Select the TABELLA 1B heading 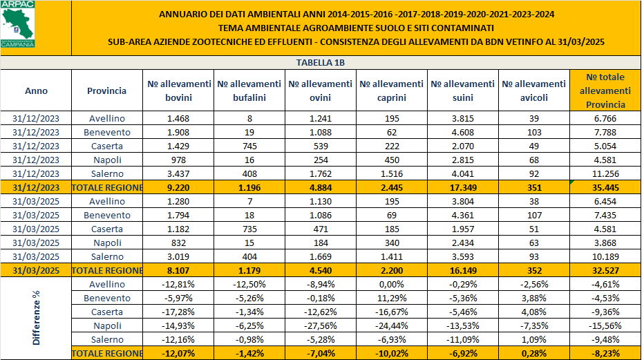(320, 63)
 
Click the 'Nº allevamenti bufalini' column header (249, 91)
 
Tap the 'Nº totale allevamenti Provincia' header (605, 91)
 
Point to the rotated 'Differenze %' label (36, 319)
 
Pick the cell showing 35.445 (605, 187)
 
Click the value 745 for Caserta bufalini (249, 146)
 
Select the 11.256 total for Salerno (605, 173)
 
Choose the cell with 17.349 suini (462, 187)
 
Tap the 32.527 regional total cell (605, 270)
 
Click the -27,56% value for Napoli (320, 325)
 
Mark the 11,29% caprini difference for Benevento (391, 298)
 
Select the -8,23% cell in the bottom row (605, 353)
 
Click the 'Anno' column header (36, 91)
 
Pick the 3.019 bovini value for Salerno (178, 256)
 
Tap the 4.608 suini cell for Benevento (462, 132)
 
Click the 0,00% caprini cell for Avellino (391, 284)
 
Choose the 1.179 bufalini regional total (249, 270)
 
